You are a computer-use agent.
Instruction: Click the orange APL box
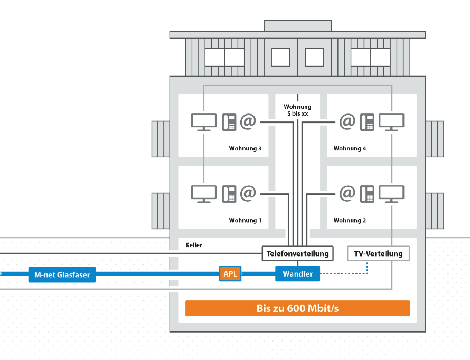point(230,274)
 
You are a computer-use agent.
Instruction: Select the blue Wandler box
point(297,274)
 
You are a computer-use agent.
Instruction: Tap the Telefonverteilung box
point(298,254)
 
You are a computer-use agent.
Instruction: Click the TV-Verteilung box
point(378,254)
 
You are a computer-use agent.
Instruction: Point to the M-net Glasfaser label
point(62,274)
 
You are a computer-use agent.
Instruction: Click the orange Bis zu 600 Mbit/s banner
point(297,308)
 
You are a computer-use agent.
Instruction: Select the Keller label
point(194,245)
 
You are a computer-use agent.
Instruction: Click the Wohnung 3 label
point(245,149)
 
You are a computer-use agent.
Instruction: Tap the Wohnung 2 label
point(350,221)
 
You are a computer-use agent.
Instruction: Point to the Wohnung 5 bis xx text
point(297,110)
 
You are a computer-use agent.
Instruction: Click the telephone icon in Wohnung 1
point(229,193)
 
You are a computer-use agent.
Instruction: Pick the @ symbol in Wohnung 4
point(347,122)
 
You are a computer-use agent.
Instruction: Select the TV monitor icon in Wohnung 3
point(203,122)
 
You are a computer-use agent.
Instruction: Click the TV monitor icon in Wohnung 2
point(391,194)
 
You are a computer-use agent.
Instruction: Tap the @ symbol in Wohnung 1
point(248,193)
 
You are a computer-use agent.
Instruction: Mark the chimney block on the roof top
point(297,26)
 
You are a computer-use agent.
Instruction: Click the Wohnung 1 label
point(245,221)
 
